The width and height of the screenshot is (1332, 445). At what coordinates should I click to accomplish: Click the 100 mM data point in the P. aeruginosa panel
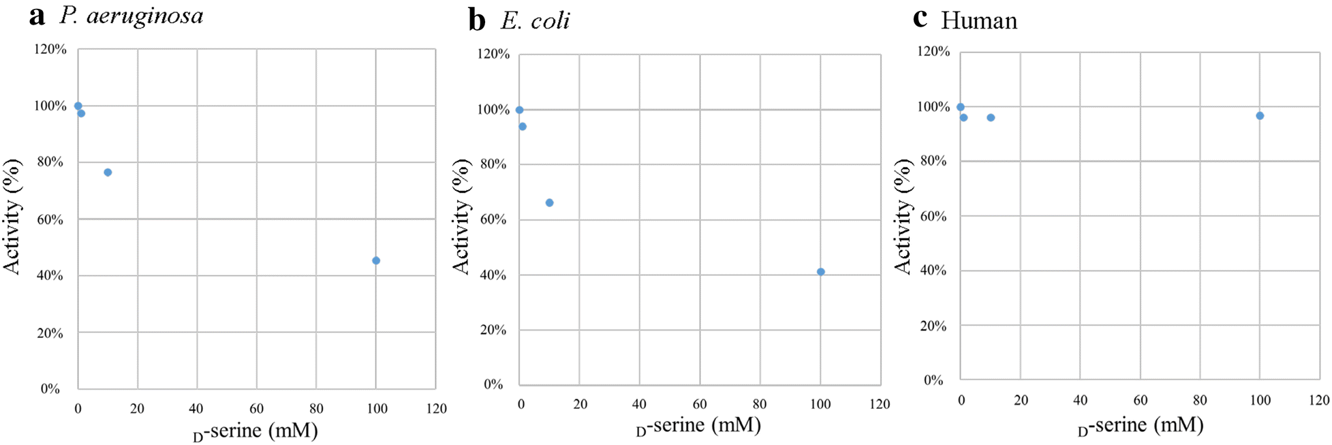click(376, 260)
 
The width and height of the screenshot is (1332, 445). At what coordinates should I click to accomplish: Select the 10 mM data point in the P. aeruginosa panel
click(108, 172)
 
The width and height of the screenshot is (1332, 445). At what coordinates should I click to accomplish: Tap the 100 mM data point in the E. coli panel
click(820, 272)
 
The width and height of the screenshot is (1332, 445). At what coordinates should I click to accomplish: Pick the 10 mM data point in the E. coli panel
click(549, 202)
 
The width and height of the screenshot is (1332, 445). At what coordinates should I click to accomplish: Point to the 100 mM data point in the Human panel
click(1260, 116)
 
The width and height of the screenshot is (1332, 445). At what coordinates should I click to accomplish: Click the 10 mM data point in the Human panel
click(991, 118)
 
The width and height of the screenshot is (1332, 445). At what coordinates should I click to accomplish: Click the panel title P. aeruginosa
click(131, 16)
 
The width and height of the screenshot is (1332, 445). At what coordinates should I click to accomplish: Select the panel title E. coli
click(535, 21)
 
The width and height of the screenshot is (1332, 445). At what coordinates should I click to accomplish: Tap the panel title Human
click(978, 21)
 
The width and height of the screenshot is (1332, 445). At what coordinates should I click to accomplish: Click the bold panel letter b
click(477, 21)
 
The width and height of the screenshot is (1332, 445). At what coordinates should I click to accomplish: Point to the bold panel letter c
click(920, 19)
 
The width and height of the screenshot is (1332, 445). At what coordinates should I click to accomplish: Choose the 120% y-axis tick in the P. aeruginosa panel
click(50, 50)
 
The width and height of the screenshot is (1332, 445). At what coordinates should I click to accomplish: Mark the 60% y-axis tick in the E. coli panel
click(493, 220)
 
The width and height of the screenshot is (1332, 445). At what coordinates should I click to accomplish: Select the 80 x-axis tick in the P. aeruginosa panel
click(316, 409)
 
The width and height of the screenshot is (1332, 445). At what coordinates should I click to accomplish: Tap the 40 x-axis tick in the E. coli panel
click(639, 404)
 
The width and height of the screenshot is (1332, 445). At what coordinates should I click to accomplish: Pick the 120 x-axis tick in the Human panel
click(1319, 401)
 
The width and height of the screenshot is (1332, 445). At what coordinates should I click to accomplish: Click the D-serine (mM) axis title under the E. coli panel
click(698, 426)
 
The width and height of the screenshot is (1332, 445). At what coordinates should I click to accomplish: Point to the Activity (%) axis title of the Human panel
click(903, 217)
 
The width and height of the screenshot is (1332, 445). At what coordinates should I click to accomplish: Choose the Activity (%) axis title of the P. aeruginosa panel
click(12, 217)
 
